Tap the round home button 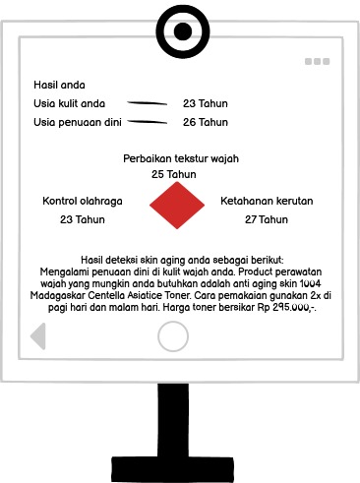pyautogui.click(x=173, y=336)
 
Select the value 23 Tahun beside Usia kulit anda pyautogui.click(x=205, y=102)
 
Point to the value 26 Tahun pyautogui.click(x=205, y=122)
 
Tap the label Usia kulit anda pyautogui.click(x=70, y=102)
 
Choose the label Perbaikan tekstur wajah pyautogui.click(x=181, y=158)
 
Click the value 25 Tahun pyautogui.click(x=173, y=174)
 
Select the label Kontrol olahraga pyautogui.click(x=83, y=201)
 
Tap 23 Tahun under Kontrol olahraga pyautogui.click(x=83, y=219)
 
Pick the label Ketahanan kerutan pyautogui.click(x=267, y=201)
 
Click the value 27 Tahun pyautogui.click(x=267, y=219)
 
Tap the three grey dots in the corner pyautogui.click(x=317, y=61)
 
